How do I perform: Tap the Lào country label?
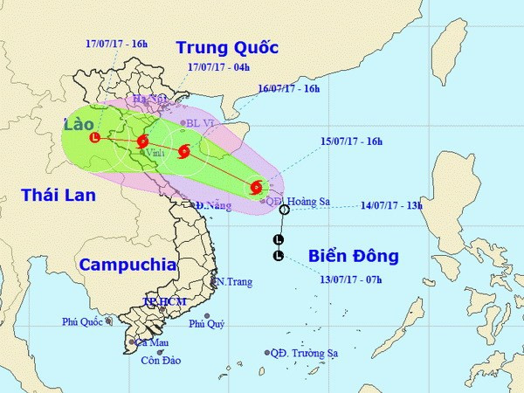tap(80, 126)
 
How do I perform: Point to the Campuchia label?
tap(127, 265)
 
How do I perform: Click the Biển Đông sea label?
tap(353, 256)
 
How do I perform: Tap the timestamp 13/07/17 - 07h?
tap(350, 279)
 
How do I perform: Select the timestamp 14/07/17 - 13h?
tap(392, 206)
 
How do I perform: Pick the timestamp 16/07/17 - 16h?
tap(289, 88)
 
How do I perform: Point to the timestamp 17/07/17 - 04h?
tap(218, 66)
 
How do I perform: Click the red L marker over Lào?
tap(94, 137)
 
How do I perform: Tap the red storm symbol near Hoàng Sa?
tap(255, 186)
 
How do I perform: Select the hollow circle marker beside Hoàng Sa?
tap(284, 210)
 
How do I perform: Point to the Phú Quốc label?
tap(82, 321)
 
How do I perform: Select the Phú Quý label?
tap(207, 324)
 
